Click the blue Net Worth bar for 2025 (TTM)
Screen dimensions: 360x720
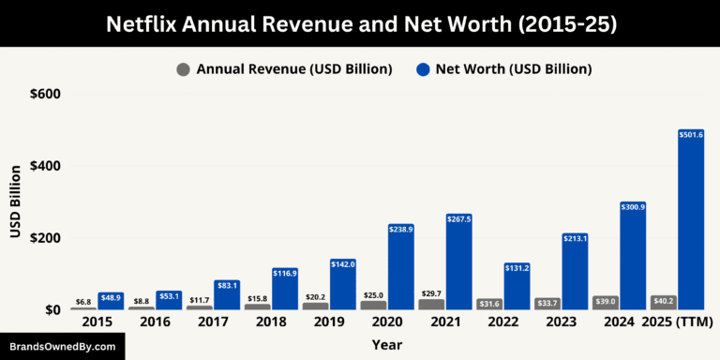click(x=690, y=220)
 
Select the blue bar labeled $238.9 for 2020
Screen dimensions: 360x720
click(x=400, y=267)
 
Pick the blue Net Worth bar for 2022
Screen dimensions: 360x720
click(x=517, y=286)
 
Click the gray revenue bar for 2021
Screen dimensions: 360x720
click(x=432, y=304)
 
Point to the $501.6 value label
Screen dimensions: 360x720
click(x=690, y=135)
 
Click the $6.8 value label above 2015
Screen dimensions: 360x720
click(x=83, y=302)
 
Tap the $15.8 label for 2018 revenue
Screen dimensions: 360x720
click(x=258, y=298)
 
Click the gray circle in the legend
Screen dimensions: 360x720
click(x=183, y=69)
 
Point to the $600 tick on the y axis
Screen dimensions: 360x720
click(x=44, y=94)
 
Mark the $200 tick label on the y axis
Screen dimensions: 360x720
click(x=44, y=238)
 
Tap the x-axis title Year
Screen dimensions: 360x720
click(x=386, y=345)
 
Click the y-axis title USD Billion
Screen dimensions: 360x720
click(x=16, y=202)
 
